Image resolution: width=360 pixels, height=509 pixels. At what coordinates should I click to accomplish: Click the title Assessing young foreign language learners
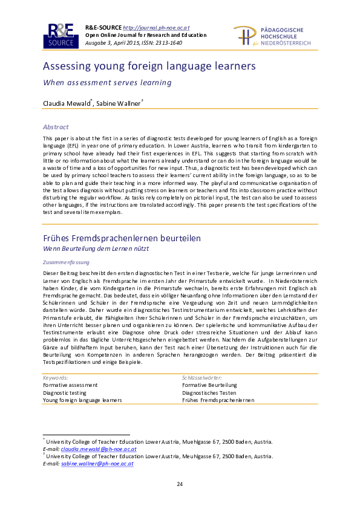[149, 66]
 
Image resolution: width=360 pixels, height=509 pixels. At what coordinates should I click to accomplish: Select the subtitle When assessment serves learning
[107, 82]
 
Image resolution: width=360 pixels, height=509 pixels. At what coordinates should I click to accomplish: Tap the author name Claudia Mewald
[66, 104]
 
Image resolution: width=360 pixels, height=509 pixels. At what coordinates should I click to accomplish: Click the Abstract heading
[55, 127]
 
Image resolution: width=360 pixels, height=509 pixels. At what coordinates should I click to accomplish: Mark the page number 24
[180, 484]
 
